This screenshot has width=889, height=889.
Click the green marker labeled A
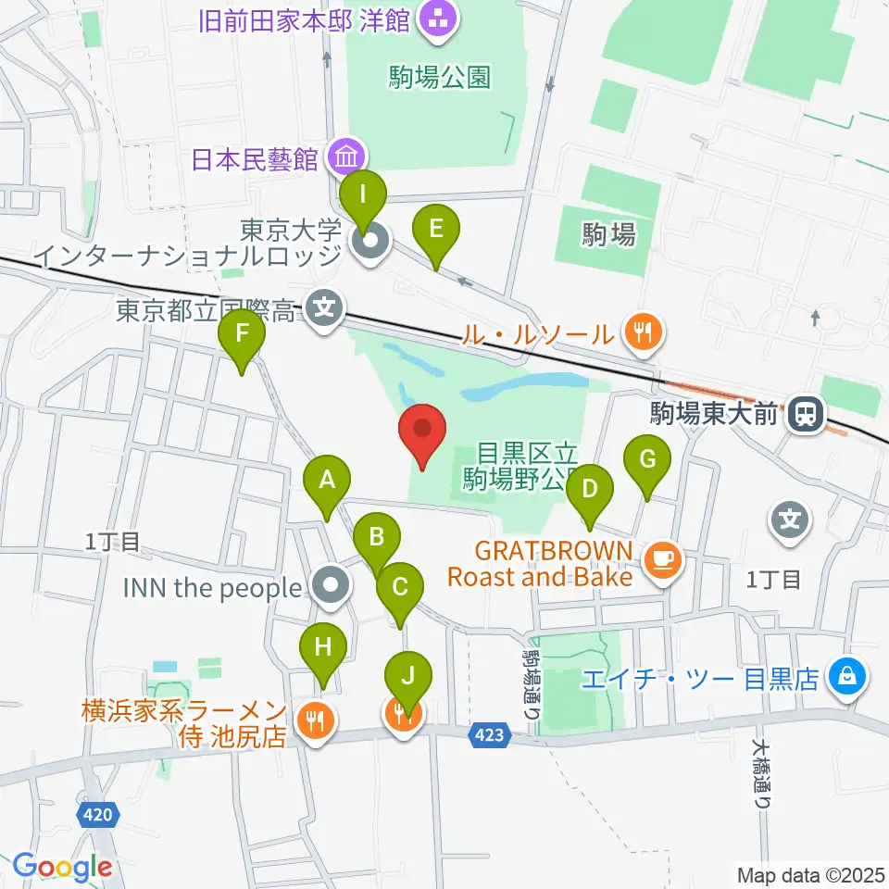tap(326, 482)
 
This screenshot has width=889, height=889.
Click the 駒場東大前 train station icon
tap(806, 413)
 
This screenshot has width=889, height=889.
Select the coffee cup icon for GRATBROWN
tap(663, 558)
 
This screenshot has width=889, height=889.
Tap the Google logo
tap(62, 867)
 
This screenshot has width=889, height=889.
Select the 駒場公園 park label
tap(440, 77)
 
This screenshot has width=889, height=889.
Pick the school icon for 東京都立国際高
tap(324, 308)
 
